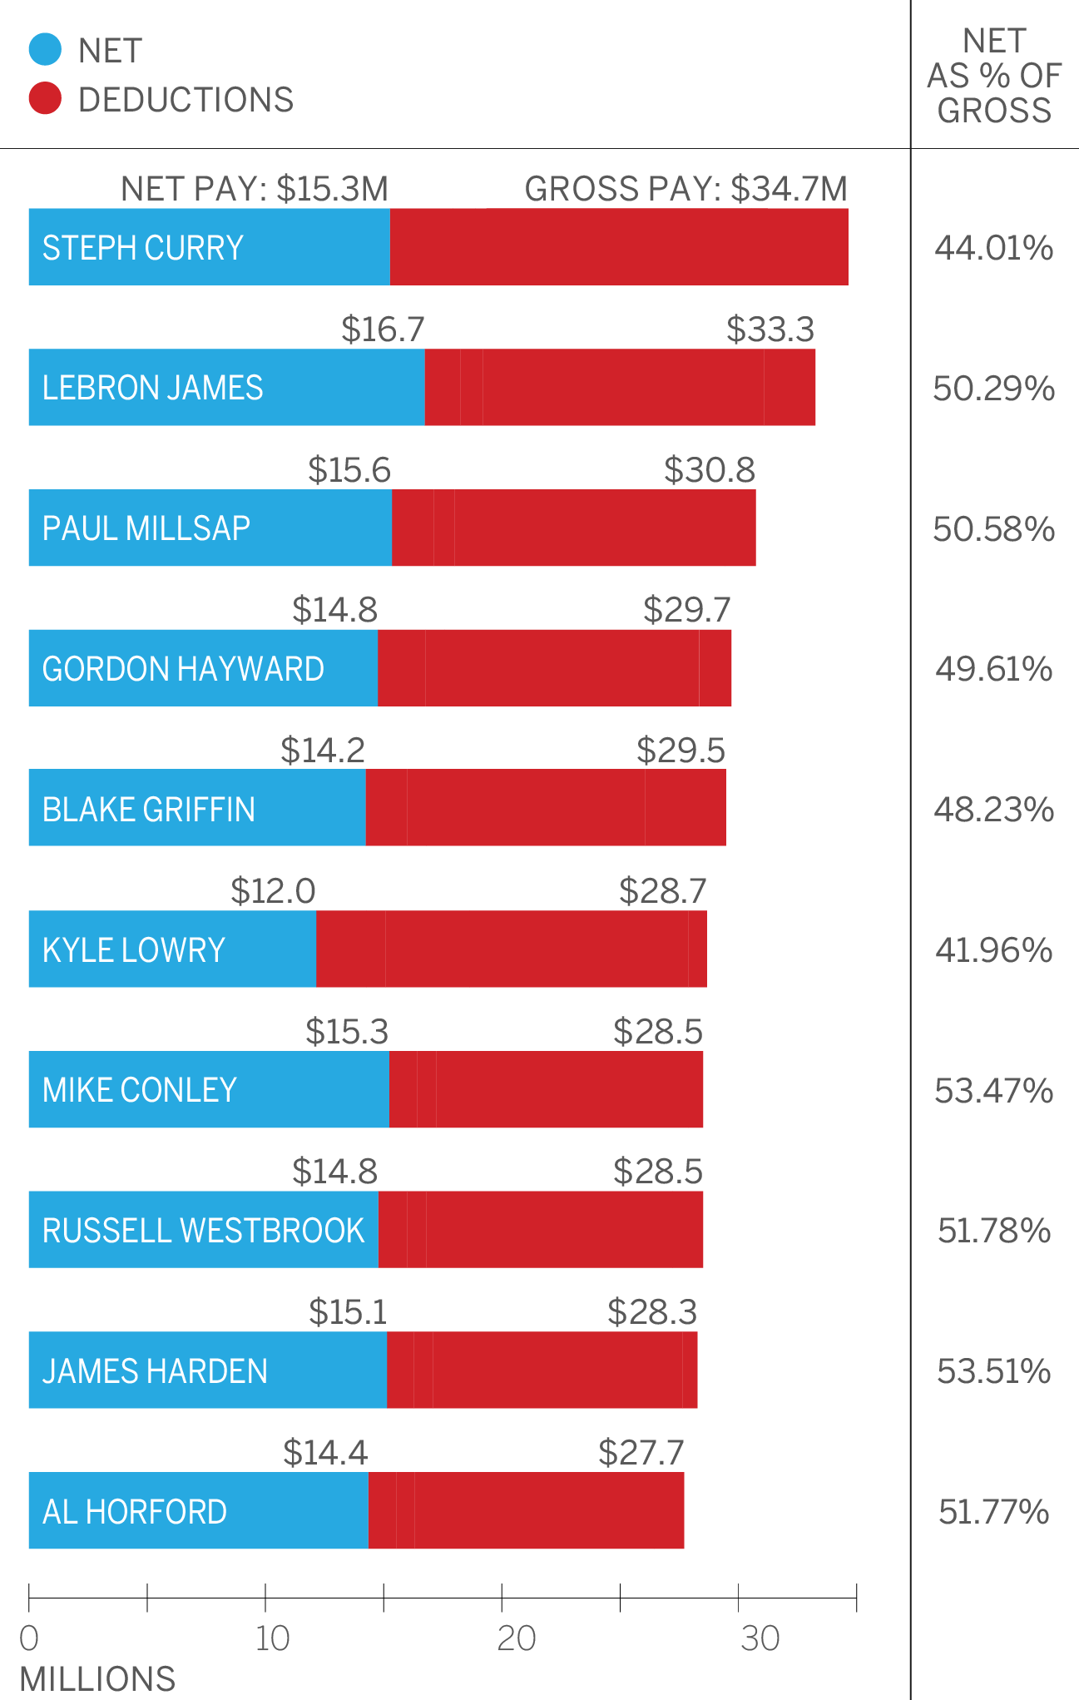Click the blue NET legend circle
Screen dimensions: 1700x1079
coord(45,49)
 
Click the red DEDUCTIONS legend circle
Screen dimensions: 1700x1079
coord(45,98)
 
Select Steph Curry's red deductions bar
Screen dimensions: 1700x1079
coord(619,247)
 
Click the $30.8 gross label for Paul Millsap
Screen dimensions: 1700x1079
coord(709,470)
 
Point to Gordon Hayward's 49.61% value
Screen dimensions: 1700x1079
coord(994,669)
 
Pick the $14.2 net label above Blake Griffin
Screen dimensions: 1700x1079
coord(322,751)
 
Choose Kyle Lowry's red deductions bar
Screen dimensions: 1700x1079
coord(511,949)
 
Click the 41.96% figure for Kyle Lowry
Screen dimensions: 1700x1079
coord(994,949)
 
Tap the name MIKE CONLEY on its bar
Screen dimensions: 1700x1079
coord(140,1090)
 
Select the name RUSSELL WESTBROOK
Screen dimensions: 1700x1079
coord(204,1231)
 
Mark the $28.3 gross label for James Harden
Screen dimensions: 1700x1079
coord(651,1312)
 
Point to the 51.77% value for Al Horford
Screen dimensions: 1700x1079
coord(994,1512)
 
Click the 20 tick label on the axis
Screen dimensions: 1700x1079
coord(516,1638)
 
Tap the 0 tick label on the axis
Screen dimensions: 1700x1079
coord(29,1638)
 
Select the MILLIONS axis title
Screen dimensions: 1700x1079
coord(97,1678)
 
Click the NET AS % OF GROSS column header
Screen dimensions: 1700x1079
coord(994,75)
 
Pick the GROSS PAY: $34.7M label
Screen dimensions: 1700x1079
coord(686,189)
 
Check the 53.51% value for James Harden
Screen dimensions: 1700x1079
coord(994,1371)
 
